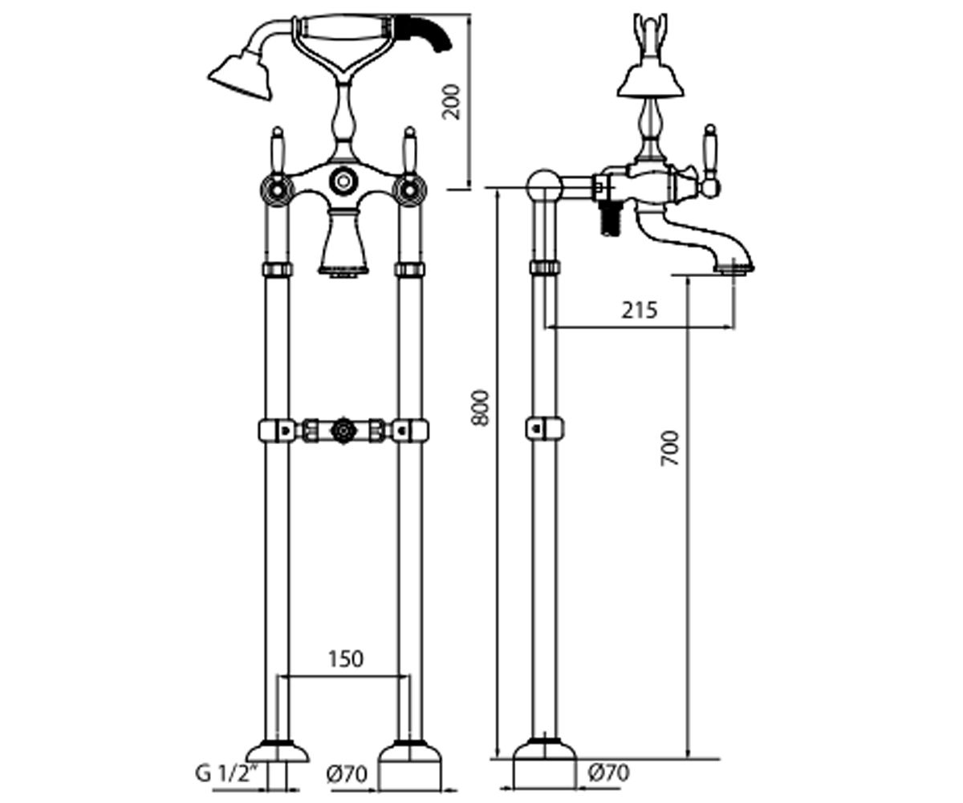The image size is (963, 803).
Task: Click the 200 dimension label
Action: click(451, 102)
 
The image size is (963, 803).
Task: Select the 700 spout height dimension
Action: click(669, 448)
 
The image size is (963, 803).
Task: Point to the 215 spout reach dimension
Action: click(639, 310)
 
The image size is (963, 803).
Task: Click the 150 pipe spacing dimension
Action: click(345, 659)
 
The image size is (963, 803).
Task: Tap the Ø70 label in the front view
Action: click(347, 774)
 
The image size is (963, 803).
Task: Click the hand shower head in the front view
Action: click(242, 77)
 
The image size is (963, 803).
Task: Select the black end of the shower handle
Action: click(427, 32)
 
